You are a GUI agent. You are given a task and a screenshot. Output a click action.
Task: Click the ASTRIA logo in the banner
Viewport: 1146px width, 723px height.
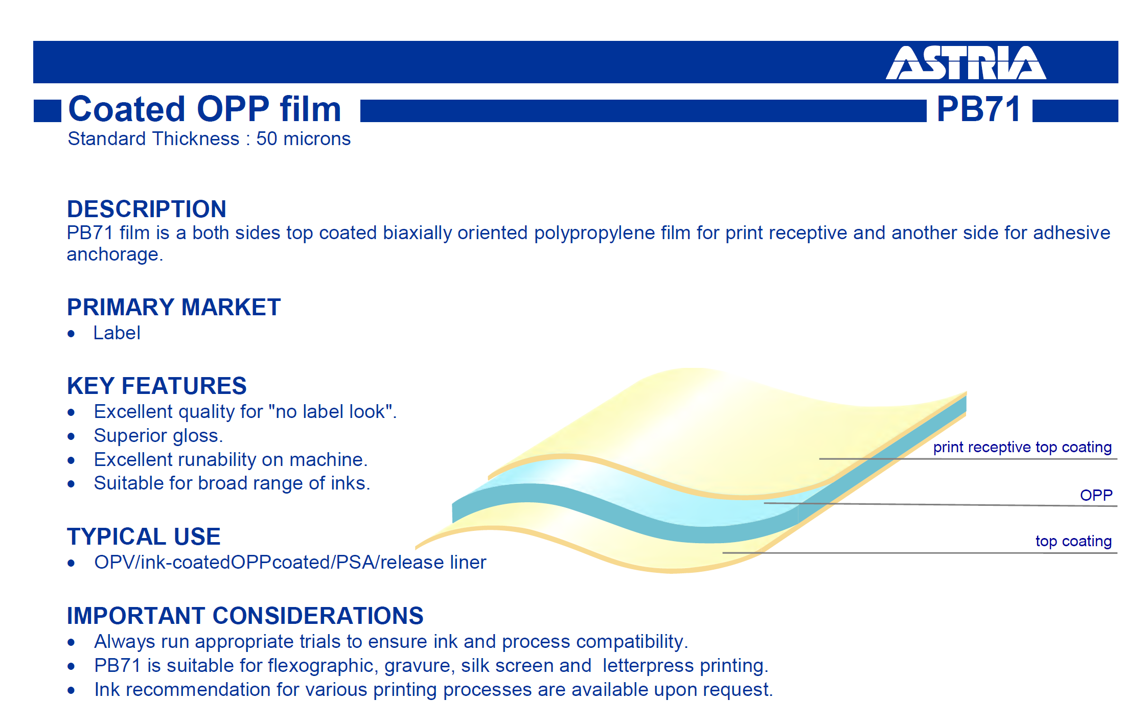click(x=966, y=63)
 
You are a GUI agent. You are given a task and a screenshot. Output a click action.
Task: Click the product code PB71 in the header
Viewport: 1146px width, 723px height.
click(x=979, y=109)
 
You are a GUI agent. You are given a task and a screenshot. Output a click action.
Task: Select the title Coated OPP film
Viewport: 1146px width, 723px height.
click(x=204, y=109)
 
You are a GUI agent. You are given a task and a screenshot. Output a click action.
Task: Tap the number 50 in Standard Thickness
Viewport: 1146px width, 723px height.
click(x=266, y=139)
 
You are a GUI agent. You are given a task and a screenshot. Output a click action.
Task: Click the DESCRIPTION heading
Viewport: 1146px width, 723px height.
click(x=147, y=209)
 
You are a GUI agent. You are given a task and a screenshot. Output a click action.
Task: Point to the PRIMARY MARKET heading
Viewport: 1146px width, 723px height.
click(x=174, y=307)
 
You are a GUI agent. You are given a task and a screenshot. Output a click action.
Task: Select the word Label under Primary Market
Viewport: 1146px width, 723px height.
click(x=117, y=333)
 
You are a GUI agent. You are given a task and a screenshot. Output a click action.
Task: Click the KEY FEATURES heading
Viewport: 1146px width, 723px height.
click(x=157, y=386)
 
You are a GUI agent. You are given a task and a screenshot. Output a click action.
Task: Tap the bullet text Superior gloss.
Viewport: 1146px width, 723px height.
click(x=158, y=436)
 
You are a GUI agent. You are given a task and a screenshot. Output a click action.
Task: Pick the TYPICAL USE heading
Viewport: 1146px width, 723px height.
click(x=144, y=537)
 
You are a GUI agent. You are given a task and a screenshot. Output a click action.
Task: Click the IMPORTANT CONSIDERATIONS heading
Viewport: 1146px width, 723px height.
click(x=245, y=616)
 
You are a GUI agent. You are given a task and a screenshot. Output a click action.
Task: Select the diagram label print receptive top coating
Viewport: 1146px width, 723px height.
click(x=1022, y=448)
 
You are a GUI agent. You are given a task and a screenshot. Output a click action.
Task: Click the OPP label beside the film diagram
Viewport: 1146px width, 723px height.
click(x=1096, y=495)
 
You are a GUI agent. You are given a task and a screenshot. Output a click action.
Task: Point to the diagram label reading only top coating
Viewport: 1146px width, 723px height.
click(x=1073, y=541)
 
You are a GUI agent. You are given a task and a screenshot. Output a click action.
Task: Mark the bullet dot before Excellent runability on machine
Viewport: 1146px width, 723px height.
click(x=71, y=460)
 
